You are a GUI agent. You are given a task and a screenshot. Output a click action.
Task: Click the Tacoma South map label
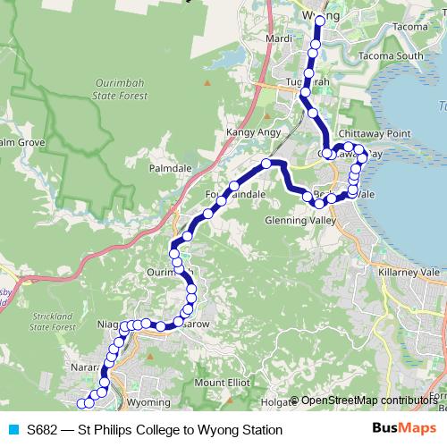tap(391, 56)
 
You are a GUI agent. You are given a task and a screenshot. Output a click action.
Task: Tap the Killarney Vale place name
tap(410, 267)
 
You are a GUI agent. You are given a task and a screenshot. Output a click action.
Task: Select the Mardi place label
tap(280, 39)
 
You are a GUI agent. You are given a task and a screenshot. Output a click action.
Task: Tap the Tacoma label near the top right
tap(409, 27)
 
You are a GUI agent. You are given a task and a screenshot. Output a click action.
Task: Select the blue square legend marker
tap(13, 430)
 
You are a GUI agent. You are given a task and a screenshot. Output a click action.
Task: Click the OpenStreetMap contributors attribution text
tap(369, 400)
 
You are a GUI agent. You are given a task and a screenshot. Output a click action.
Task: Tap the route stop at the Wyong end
tap(320, 19)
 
